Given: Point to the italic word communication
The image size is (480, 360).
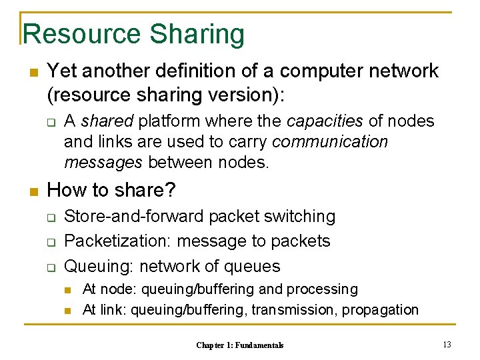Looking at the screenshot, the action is [x=330, y=141].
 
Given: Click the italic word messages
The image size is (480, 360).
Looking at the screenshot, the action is [x=103, y=162].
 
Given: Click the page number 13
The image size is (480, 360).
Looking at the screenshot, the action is [x=447, y=344].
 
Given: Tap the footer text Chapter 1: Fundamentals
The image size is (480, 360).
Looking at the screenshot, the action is [x=240, y=345].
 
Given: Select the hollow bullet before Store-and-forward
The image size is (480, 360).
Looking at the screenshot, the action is [x=49, y=217].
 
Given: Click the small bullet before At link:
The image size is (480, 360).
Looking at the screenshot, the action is [x=68, y=310].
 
